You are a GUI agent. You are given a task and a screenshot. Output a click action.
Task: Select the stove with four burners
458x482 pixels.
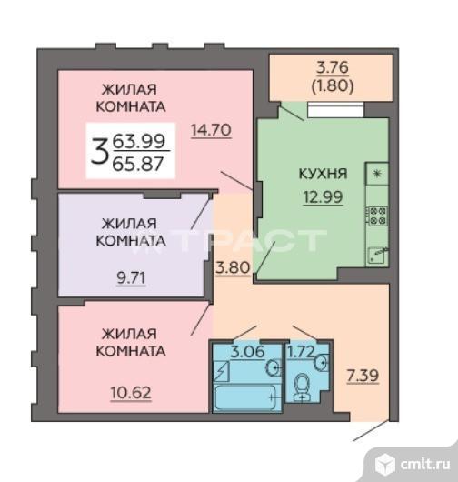click(x=377, y=216)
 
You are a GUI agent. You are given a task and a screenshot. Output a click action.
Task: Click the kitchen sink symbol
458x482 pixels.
click(x=377, y=254)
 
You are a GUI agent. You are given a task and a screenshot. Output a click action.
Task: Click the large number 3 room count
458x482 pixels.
click(x=101, y=149)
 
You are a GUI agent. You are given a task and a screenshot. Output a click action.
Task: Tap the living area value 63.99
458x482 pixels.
click(x=135, y=141)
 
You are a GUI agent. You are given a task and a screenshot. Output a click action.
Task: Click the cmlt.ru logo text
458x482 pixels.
click(x=421, y=464)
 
